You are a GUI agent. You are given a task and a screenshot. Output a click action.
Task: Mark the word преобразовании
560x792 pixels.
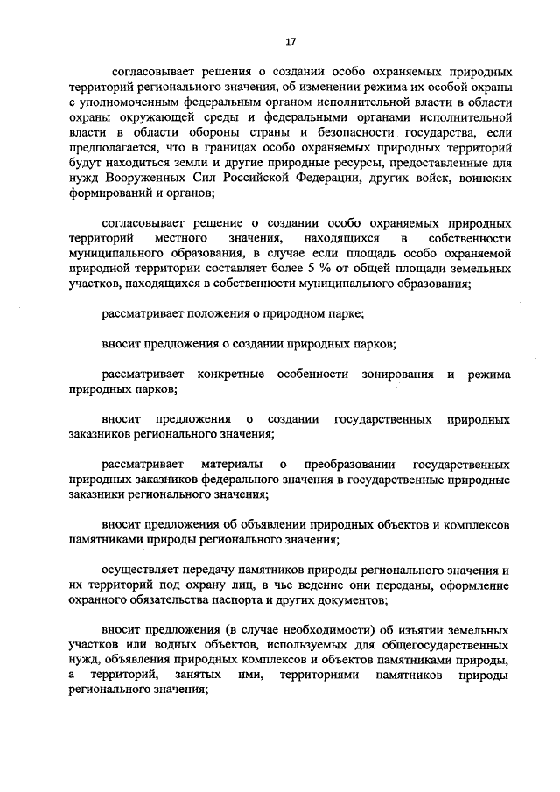point(349,463)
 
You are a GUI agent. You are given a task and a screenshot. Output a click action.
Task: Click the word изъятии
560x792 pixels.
point(374,631)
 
